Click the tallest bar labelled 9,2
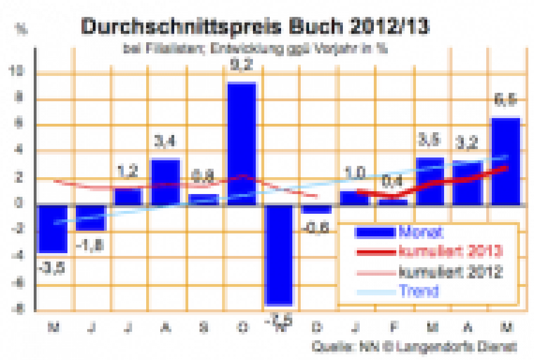(x=242, y=143)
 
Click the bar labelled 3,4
(x=165, y=182)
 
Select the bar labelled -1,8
(x=90, y=217)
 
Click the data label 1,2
(x=127, y=170)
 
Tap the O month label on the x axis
(x=242, y=327)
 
